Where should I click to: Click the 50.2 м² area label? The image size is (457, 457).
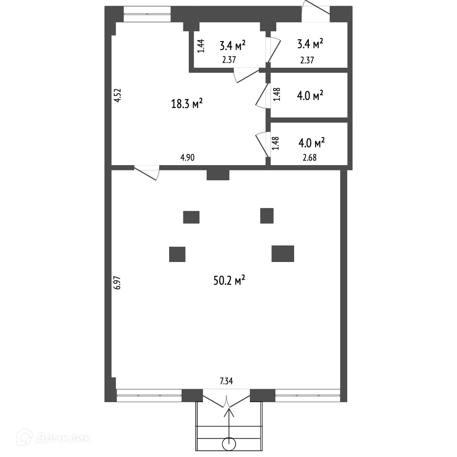point(230,281)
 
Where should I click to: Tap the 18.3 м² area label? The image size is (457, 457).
point(187,104)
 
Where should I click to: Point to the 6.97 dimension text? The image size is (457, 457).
point(117,283)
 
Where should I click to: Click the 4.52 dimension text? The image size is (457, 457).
point(117,96)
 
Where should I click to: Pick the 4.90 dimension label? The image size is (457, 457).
point(187,157)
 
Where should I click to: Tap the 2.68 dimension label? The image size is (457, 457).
point(309,157)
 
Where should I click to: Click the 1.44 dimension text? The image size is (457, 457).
point(201,46)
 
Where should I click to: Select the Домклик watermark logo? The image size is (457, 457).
point(54,437)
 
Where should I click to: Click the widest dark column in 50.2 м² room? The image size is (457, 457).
point(283,253)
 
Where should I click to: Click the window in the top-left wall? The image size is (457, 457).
point(147,14)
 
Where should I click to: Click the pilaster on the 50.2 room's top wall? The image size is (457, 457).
point(218,174)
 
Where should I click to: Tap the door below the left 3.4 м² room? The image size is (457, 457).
point(246,75)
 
